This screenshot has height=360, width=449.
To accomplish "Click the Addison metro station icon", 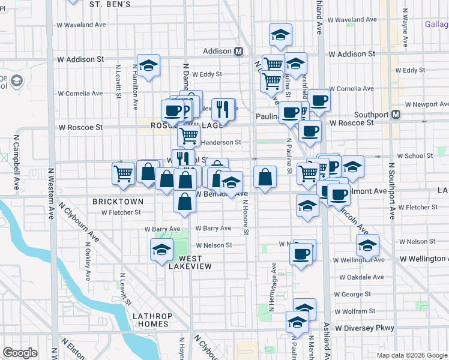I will coord(238,52).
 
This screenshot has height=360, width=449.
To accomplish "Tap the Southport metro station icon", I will coord(396,115).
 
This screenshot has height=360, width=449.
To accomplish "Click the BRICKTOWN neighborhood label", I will coord(118,202).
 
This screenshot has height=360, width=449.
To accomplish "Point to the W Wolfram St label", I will coord(354,311).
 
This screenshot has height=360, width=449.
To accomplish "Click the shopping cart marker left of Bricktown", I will coord(123,173).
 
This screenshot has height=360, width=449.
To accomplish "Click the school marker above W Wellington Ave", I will coord(367,245).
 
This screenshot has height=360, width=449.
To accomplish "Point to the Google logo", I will coord(20,353).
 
